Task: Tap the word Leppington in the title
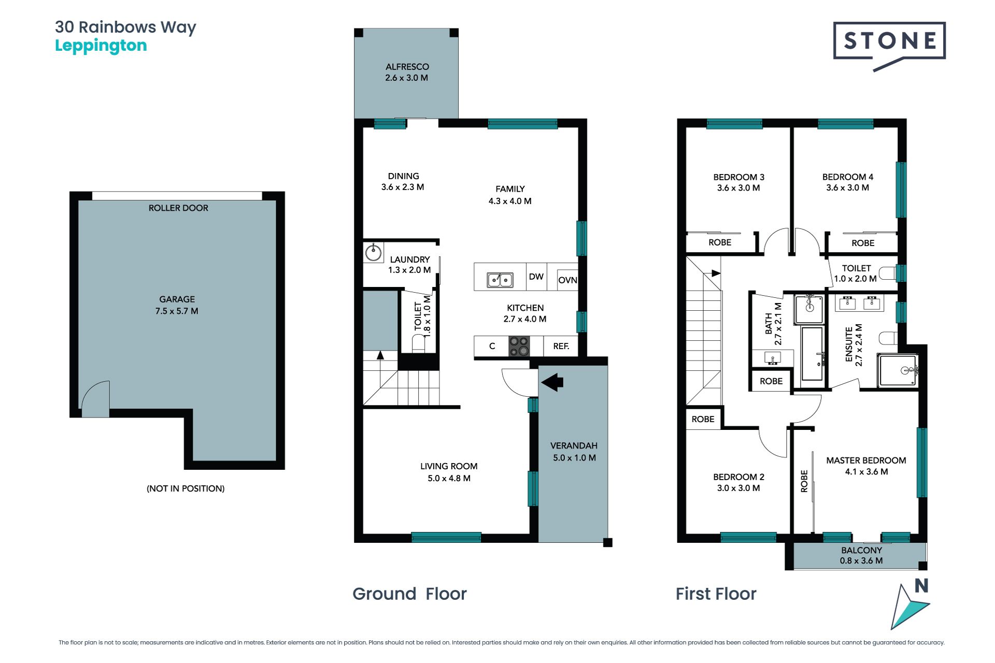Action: click(101, 46)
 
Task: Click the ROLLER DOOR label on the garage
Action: click(178, 208)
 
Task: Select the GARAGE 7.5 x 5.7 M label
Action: click(177, 305)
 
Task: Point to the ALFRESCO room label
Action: click(407, 72)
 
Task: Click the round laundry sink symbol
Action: click(373, 252)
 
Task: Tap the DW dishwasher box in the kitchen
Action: click(536, 277)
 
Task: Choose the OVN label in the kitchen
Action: click(567, 280)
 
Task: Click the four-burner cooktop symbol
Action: click(519, 346)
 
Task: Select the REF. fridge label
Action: click(561, 346)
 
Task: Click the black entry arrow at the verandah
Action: click(552, 382)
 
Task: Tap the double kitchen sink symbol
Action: click(500, 280)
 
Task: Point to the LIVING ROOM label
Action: click(449, 472)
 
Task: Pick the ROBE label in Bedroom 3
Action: click(720, 242)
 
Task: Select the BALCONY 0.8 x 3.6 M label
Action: click(861, 555)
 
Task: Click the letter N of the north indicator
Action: click(921, 586)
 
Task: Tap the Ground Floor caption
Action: click(409, 594)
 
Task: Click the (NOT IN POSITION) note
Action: click(186, 488)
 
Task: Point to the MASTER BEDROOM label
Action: click(866, 466)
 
